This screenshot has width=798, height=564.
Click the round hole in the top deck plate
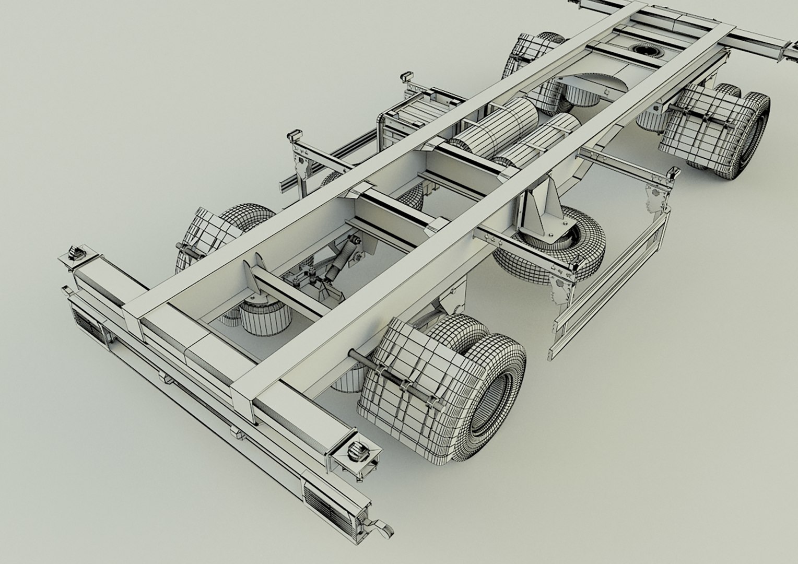(x=646, y=50)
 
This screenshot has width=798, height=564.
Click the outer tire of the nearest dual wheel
(x=496, y=397)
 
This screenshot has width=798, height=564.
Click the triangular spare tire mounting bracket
(x=538, y=209)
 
